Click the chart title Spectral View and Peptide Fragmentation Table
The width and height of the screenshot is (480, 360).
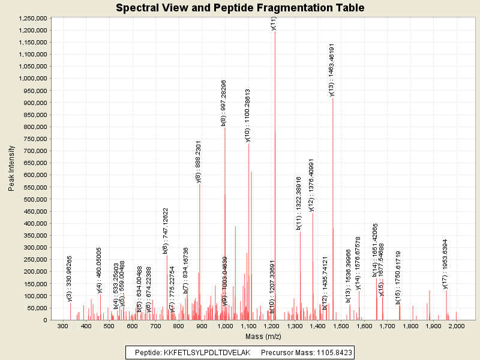click(240, 8)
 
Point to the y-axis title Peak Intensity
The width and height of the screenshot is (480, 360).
click(11, 170)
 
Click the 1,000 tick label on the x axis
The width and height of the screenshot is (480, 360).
click(225, 326)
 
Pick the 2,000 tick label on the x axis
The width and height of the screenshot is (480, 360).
click(457, 326)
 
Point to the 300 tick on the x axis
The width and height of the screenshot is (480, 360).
click(63, 326)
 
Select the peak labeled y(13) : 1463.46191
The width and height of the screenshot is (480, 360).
click(333, 180)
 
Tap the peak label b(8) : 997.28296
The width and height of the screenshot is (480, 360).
click(224, 103)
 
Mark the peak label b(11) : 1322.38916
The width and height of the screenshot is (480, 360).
click(299, 203)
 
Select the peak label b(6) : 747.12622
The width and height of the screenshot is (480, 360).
click(166, 231)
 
